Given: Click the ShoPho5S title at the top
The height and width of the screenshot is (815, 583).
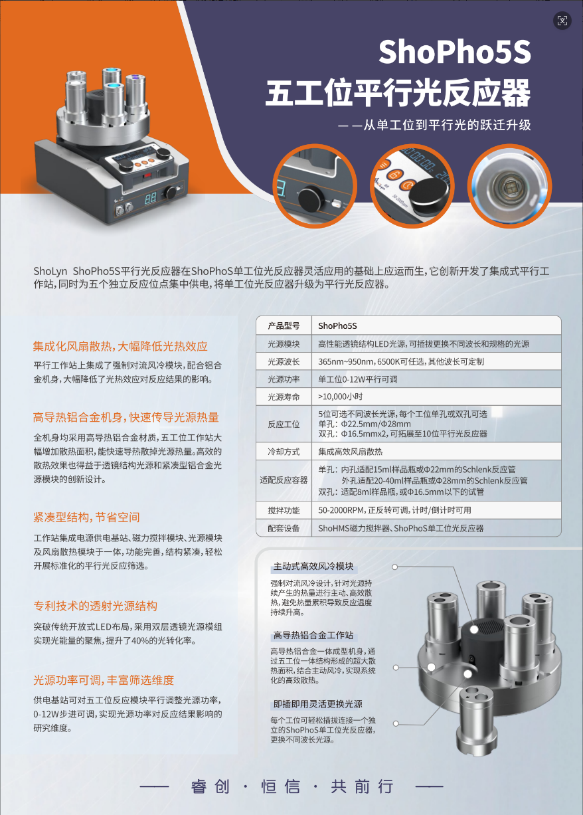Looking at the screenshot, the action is point(455,52).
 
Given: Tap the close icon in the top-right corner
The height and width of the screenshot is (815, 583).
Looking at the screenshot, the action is point(562,21).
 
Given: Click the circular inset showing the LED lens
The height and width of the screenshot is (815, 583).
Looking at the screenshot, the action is point(509,186).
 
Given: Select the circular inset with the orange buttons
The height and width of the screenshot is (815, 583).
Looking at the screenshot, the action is point(412,186).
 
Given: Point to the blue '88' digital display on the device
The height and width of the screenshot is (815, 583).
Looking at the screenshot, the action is point(150,198).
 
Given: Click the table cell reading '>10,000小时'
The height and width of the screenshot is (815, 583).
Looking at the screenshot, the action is point(340,397).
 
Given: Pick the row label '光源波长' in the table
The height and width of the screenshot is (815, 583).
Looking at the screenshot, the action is point(284,361).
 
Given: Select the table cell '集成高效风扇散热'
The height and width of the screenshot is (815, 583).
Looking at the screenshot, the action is point(350,452).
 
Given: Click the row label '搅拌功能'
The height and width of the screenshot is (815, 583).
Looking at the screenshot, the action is point(284,510).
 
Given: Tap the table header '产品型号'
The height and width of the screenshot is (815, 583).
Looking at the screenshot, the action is point(284,325).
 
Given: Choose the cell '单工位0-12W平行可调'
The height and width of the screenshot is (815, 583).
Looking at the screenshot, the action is point(357,379).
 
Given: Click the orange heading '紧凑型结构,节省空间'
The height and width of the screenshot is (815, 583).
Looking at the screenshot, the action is point(86,517).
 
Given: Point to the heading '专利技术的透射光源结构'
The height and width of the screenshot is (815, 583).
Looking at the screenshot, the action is point(96,606).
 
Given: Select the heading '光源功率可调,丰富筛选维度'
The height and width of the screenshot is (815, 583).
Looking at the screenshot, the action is point(104,679).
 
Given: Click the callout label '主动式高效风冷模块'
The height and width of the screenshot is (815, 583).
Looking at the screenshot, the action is point(313,566).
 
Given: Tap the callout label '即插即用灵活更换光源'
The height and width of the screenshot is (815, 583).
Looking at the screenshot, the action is point(318,703).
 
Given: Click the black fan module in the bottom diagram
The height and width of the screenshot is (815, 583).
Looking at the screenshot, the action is point(482,636).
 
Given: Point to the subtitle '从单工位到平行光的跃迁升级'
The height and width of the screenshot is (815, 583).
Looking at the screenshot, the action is point(447,125).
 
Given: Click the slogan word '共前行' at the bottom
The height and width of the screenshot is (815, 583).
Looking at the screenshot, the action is point(362,786).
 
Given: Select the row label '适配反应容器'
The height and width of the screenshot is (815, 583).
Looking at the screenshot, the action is point(284,480).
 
